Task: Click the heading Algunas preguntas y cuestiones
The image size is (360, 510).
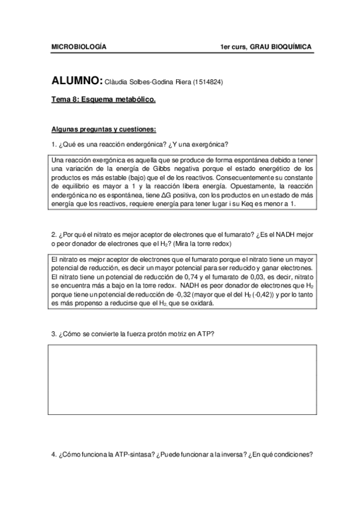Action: [103, 129]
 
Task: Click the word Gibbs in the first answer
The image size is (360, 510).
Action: [163, 169]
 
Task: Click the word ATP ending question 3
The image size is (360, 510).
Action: [206, 333]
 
